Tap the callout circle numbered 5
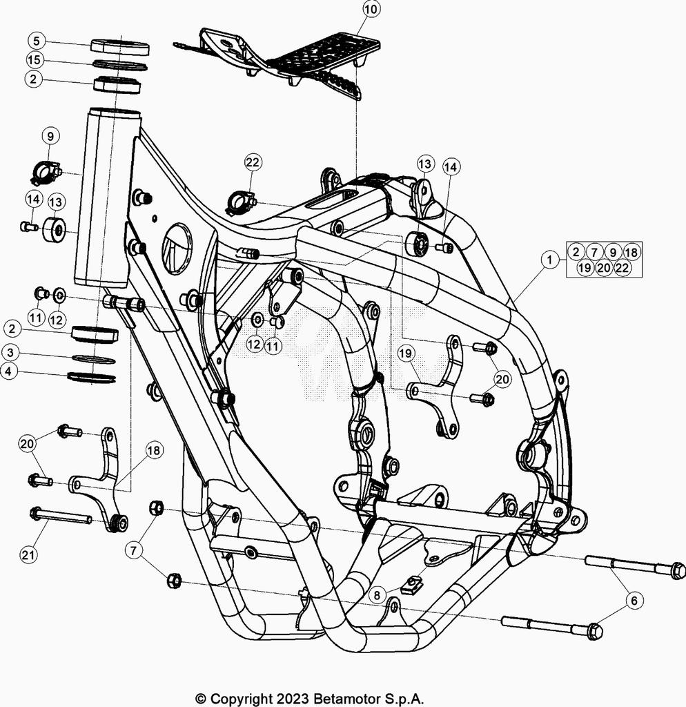37,41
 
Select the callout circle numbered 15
35,59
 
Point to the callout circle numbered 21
28,554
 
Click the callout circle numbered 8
378,595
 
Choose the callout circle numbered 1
549,260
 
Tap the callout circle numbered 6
634,601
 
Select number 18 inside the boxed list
631,252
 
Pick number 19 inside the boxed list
585,268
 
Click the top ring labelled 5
120,46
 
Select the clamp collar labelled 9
46,171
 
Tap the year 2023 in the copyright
293,699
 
